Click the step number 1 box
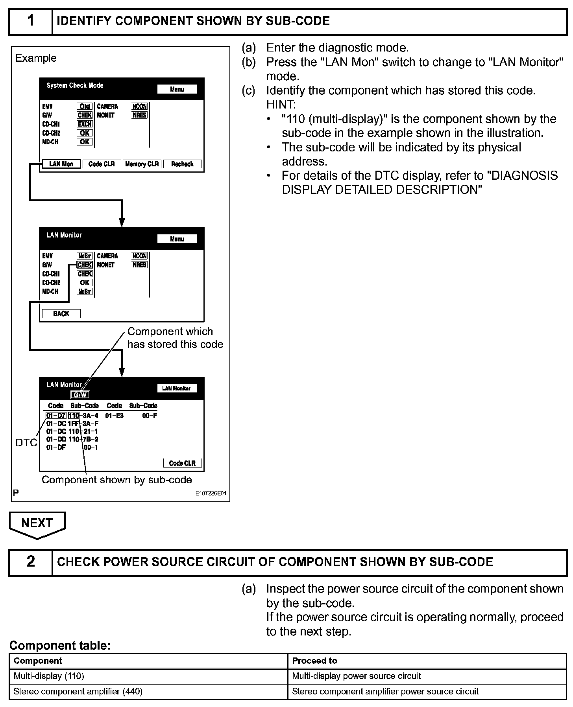[x=31, y=21]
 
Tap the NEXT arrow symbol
[x=37, y=524]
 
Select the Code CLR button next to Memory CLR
[x=102, y=164]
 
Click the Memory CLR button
[x=142, y=164]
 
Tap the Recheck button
[x=182, y=164]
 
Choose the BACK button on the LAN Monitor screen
[x=61, y=313]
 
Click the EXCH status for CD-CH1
[x=85, y=124]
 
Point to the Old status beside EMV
[x=85, y=106]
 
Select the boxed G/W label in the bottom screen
[x=80, y=395]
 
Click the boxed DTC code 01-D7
[x=56, y=415]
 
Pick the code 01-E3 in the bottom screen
[x=115, y=415]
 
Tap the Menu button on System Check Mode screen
[x=177, y=89]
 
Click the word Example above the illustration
[x=36, y=58]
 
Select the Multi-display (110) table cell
[x=49, y=676]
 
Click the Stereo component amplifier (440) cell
[x=78, y=691]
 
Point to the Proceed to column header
[x=314, y=661]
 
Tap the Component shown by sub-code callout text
[x=117, y=480]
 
